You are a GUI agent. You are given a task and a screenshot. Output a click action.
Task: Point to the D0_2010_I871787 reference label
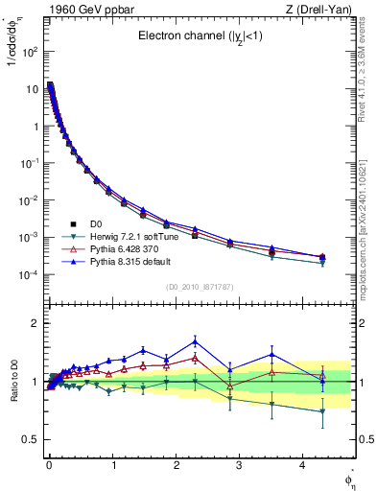(x=199, y=287)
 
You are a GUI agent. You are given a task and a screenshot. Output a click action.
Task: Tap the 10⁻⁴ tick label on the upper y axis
(x=29, y=275)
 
